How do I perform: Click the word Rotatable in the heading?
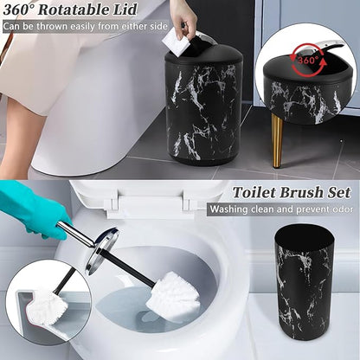(81, 10)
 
